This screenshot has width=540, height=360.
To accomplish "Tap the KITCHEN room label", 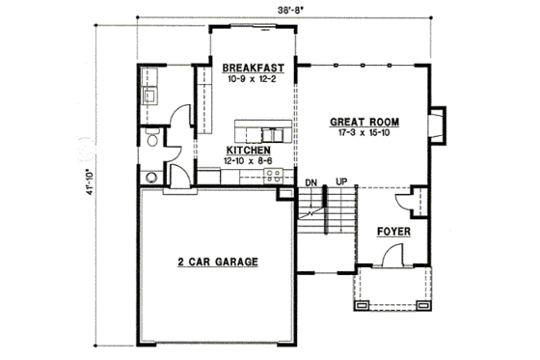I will [247, 151].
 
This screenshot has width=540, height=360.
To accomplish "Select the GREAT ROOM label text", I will [365, 123].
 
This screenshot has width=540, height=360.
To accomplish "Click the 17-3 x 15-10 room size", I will [365, 136].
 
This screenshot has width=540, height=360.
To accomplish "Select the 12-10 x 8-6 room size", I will [247, 162].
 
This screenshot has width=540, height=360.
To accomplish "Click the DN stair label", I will [311, 181].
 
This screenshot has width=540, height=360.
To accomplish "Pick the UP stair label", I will [340, 181].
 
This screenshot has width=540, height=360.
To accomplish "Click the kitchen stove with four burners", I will [273, 176].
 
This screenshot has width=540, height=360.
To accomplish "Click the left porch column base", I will [362, 306].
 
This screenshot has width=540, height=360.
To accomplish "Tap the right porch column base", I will [421, 306].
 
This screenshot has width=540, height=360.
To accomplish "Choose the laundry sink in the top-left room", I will [150, 96].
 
